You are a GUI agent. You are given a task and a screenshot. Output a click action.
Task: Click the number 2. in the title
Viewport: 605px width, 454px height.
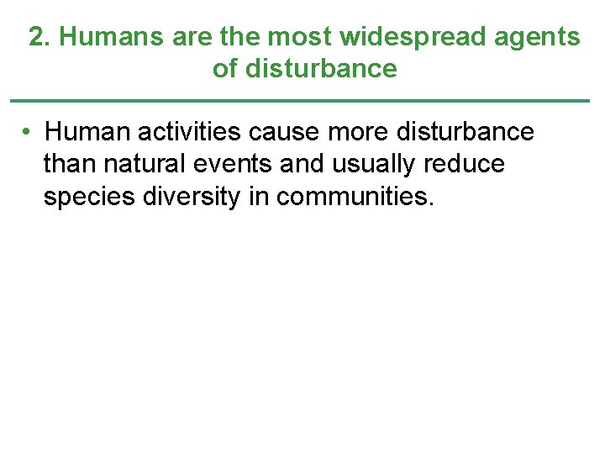pos(40,37)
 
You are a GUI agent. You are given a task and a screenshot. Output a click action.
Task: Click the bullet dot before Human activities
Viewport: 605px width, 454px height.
pos(28,132)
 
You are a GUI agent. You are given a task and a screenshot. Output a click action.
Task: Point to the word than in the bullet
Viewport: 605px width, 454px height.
pos(70,164)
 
